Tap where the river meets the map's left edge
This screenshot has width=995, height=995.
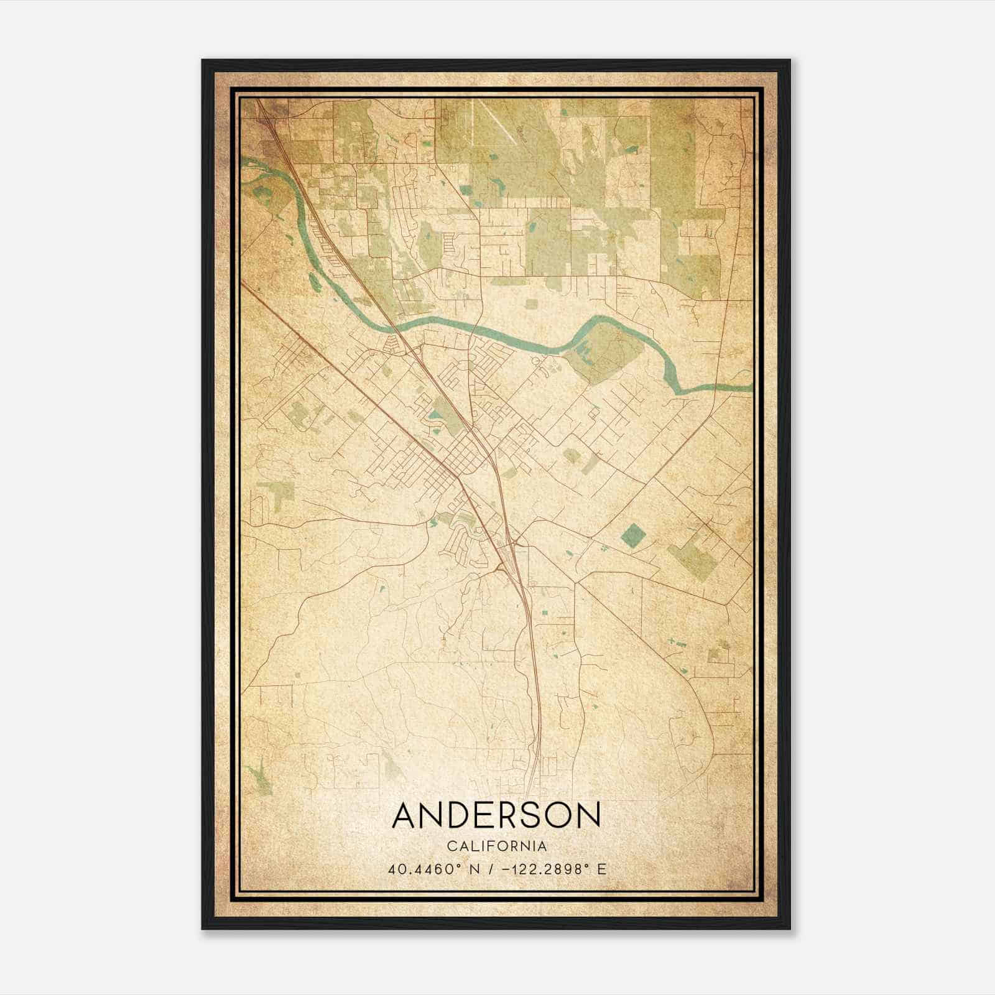pyautogui.click(x=244, y=164)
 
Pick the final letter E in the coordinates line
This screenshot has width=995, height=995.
pyautogui.click(x=601, y=869)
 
